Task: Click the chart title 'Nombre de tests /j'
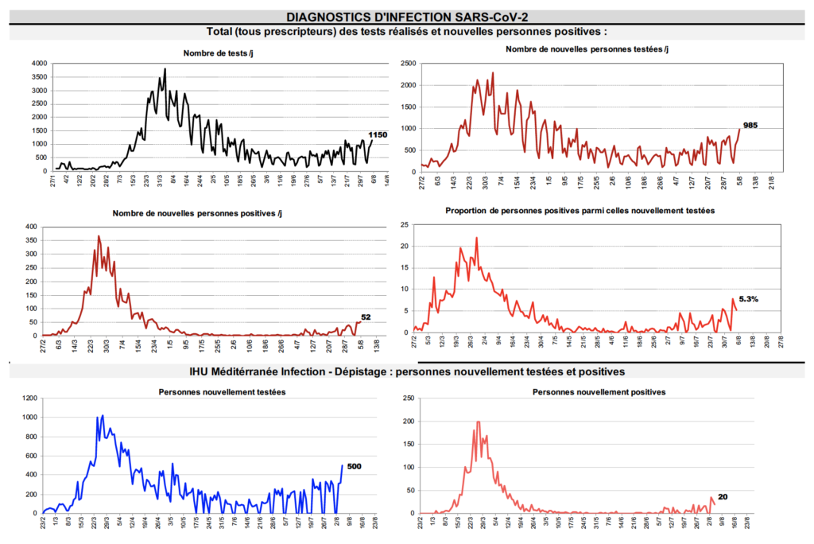click(218, 52)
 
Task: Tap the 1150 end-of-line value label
click(378, 134)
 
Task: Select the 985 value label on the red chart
click(751, 125)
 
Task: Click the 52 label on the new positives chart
click(366, 317)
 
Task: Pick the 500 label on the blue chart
click(355, 466)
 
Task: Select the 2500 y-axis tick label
click(406, 63)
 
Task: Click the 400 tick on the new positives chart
click(30, 227)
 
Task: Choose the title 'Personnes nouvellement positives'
click(599, 392)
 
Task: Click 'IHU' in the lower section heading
click(200, 371)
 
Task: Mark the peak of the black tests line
click(165, 68)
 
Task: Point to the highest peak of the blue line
click(103, 414)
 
